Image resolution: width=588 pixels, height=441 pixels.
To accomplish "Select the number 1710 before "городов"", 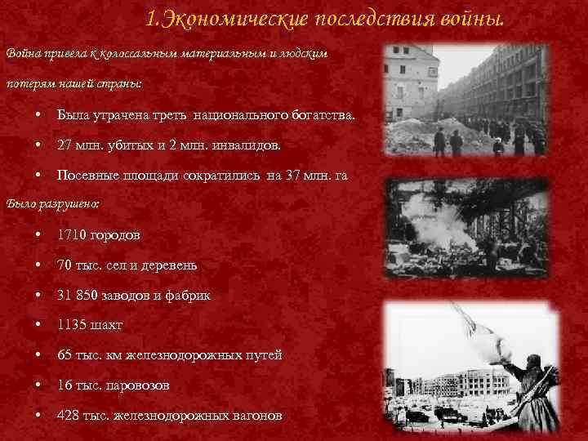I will (x=69, y=234).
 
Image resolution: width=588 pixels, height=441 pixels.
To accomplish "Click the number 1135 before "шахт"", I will (x=70, y=325).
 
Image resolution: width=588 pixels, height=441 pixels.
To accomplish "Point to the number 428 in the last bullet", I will (x=68, y=416).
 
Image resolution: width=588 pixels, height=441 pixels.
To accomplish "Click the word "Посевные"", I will (x=82, y=176).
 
